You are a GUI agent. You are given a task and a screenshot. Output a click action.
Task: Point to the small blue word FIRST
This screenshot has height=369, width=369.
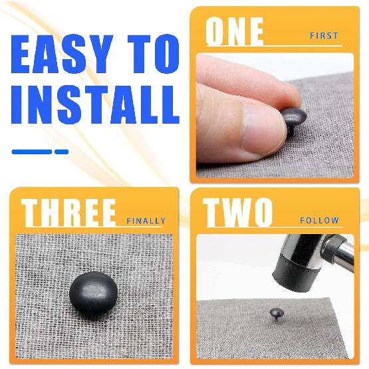point(324,36)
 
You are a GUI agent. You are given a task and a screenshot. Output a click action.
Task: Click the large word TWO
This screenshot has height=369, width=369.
point(239,212)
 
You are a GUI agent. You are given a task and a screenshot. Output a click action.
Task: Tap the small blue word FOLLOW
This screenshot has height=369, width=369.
point(319,220)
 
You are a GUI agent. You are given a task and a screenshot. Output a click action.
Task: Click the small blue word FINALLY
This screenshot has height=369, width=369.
point(146,221)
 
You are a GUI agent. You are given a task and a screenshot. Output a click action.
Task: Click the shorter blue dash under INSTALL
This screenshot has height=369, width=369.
point(61,152)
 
